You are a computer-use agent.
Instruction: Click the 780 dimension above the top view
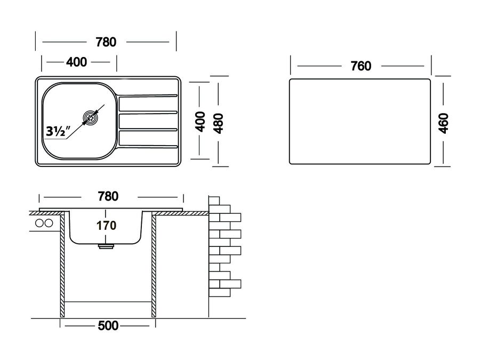[x=106, y=42]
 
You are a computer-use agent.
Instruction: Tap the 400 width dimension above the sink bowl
[x=76, y=62]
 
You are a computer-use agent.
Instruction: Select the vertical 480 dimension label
[x=218, y=123]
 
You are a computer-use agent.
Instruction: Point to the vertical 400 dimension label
[x=200, y=122]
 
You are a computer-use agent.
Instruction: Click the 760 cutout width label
[x=361, y=66]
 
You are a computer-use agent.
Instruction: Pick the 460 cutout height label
[x=443, y=123]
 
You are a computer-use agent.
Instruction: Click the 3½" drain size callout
[x=58, y=131]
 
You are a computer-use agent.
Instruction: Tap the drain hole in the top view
[x=91, y=117]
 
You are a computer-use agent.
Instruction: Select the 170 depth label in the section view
[x=106, y=226]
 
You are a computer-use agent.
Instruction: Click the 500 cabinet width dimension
[x=108, y=326]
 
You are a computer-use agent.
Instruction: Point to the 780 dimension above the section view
[x=108, y=196]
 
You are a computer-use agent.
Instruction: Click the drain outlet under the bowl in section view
[x=106, y=246]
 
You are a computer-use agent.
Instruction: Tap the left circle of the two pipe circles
[x=40, y=223]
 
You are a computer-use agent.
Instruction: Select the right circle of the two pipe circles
[x=49, y=223]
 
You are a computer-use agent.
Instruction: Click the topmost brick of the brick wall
[x=214, y=201]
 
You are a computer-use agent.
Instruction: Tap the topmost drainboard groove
[x=148, y=97]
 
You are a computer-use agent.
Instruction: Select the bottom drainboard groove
[x=148, y=146]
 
